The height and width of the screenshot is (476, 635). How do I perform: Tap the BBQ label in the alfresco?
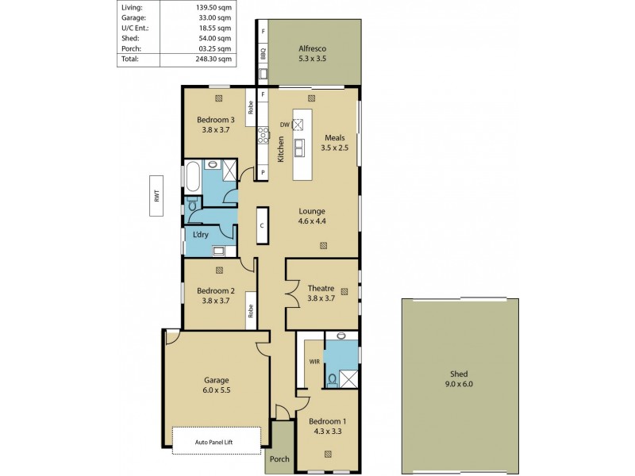[262, 55]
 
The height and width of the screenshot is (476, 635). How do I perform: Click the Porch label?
[279, 459]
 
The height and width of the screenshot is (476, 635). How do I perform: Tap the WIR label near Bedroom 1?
[314, 361]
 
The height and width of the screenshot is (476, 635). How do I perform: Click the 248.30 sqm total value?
[214, 59]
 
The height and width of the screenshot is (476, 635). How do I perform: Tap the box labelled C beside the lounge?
[262, 225]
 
